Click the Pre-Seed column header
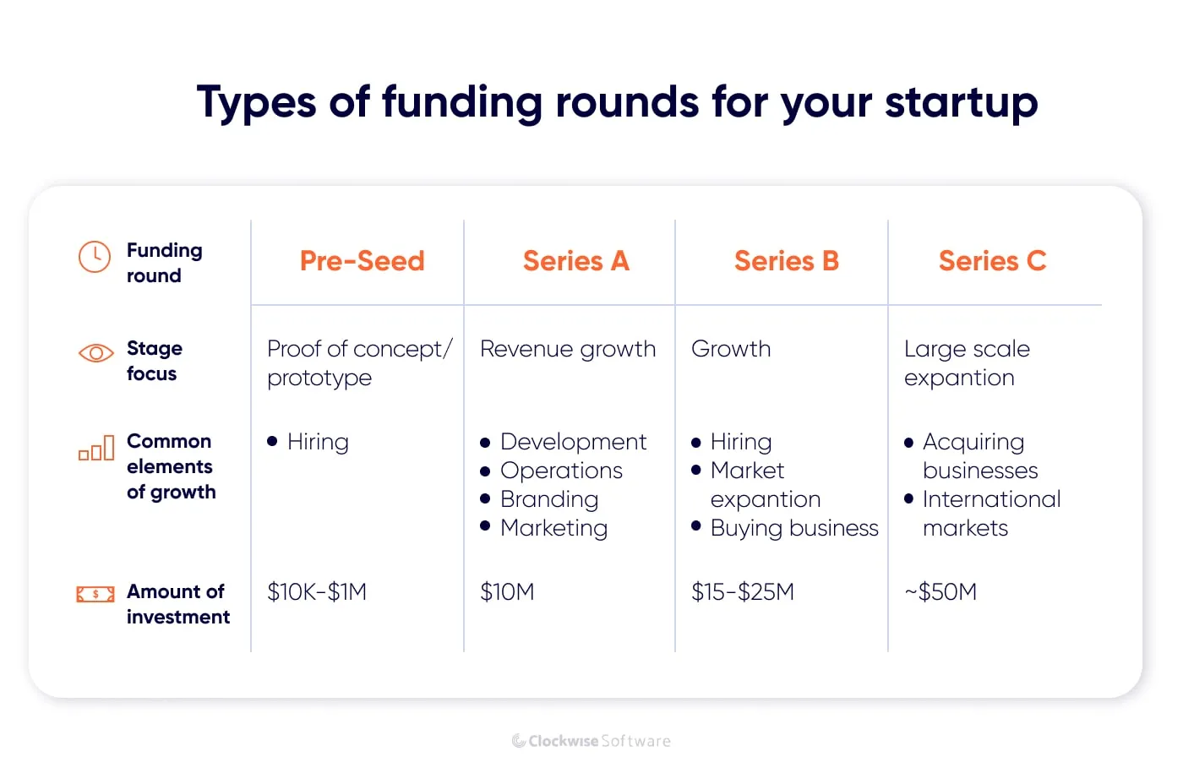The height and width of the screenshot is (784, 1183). click(x=362, y=261)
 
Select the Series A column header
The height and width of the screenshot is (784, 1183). click(x=575, y=261)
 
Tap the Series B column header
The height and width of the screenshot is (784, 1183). click(x=786, y=261)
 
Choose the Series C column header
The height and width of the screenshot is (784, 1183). click(x=992, y=261)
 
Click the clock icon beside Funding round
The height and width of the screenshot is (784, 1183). click(x=95, y=257)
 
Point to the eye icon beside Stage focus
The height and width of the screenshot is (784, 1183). click(x=95, y=353)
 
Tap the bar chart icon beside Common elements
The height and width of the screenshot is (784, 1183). click(x=96, y=448)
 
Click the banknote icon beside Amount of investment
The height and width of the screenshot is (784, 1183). click(x=95, y=595)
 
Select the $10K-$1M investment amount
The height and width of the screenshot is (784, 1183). click(x=317, y=592)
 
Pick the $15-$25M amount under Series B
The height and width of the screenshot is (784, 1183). click(x=743, y=592)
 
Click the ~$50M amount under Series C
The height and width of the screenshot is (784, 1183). click(x=940, y=592)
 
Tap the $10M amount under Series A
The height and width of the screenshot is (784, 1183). click(x=507, y=592)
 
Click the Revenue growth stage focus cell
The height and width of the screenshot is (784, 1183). click(x=568, y=349)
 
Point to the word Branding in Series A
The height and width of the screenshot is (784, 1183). click(x=549, y=499)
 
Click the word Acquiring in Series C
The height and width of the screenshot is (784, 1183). click(x=973, y=442)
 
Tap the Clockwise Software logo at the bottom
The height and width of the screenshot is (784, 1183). click(x=591, y=741)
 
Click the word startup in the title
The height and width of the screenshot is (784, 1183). click(x=961, y=103)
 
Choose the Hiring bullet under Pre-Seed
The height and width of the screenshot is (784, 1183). click(x=318, y=442)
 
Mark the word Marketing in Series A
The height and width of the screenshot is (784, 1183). click(x=553, y=528)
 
